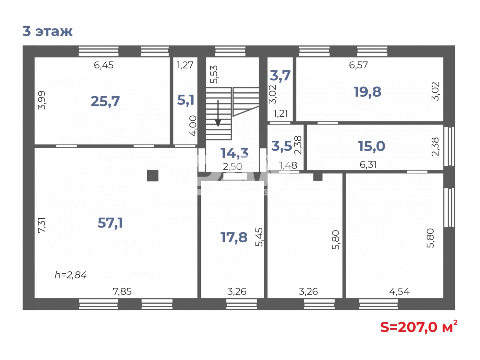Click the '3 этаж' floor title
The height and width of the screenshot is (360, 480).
(47, 31)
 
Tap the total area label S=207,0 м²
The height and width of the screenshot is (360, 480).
(419, 327)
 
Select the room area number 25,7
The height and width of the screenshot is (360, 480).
(105, 101)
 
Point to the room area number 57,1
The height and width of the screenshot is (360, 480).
(110, 223)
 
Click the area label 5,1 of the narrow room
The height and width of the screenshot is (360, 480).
(186, 100)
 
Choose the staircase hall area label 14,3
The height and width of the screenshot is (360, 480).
(234, 153)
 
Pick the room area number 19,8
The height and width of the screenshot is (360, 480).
(367, 92)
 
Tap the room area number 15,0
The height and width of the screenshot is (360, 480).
(372, 146)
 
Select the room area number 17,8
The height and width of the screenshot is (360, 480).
(234, 238)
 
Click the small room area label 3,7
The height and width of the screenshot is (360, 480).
(280, 76)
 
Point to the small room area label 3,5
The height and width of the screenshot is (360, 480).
(282, 146)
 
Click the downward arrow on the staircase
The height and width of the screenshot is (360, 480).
(218, 114)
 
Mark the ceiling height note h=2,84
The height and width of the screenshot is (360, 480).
(70, 275)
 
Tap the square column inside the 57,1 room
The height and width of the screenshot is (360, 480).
(153, 176)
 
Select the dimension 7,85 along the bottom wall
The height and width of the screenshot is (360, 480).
(122, 292)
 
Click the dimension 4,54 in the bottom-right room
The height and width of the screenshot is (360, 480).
(399, 292)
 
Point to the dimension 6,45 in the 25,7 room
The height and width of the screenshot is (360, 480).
(104, 65)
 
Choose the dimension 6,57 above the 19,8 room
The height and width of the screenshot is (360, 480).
(358, 65)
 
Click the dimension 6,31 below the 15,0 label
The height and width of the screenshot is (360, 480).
(368, 165)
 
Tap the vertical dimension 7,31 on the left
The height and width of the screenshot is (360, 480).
(42, 225)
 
